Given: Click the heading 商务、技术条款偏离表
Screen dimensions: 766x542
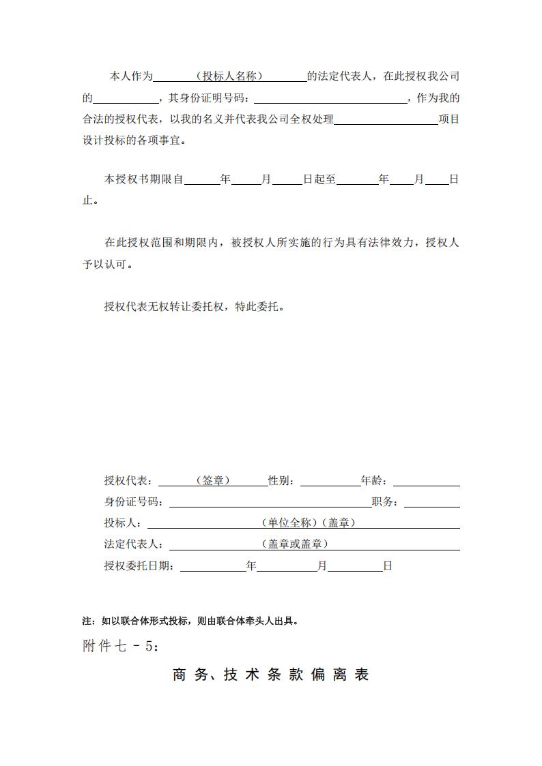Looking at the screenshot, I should [271, 675].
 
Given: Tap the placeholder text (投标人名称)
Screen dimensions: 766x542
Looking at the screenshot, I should [229, 76].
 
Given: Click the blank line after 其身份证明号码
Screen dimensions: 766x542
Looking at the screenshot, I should [330, 98].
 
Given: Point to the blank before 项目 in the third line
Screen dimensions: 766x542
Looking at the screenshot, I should [386, 119].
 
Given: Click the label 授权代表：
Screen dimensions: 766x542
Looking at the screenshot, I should [128, 481].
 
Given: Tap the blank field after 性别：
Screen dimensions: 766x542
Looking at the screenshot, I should [330, 481].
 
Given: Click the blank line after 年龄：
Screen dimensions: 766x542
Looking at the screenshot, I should [426, 481].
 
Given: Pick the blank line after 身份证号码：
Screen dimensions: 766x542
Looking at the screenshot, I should [270, 503].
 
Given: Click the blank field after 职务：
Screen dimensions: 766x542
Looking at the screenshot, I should [432, 503].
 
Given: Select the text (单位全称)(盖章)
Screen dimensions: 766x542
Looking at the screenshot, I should [307, 523].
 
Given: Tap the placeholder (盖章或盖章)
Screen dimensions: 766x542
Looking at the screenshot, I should [295, 544].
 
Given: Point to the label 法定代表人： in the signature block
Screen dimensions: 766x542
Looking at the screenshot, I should [133, 544].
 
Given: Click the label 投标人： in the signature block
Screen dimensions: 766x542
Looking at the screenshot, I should [123, 523].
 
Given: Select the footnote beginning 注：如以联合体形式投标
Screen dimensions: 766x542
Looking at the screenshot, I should [190, 621].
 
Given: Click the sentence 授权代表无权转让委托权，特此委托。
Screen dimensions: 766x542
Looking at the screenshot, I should [194, 306].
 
